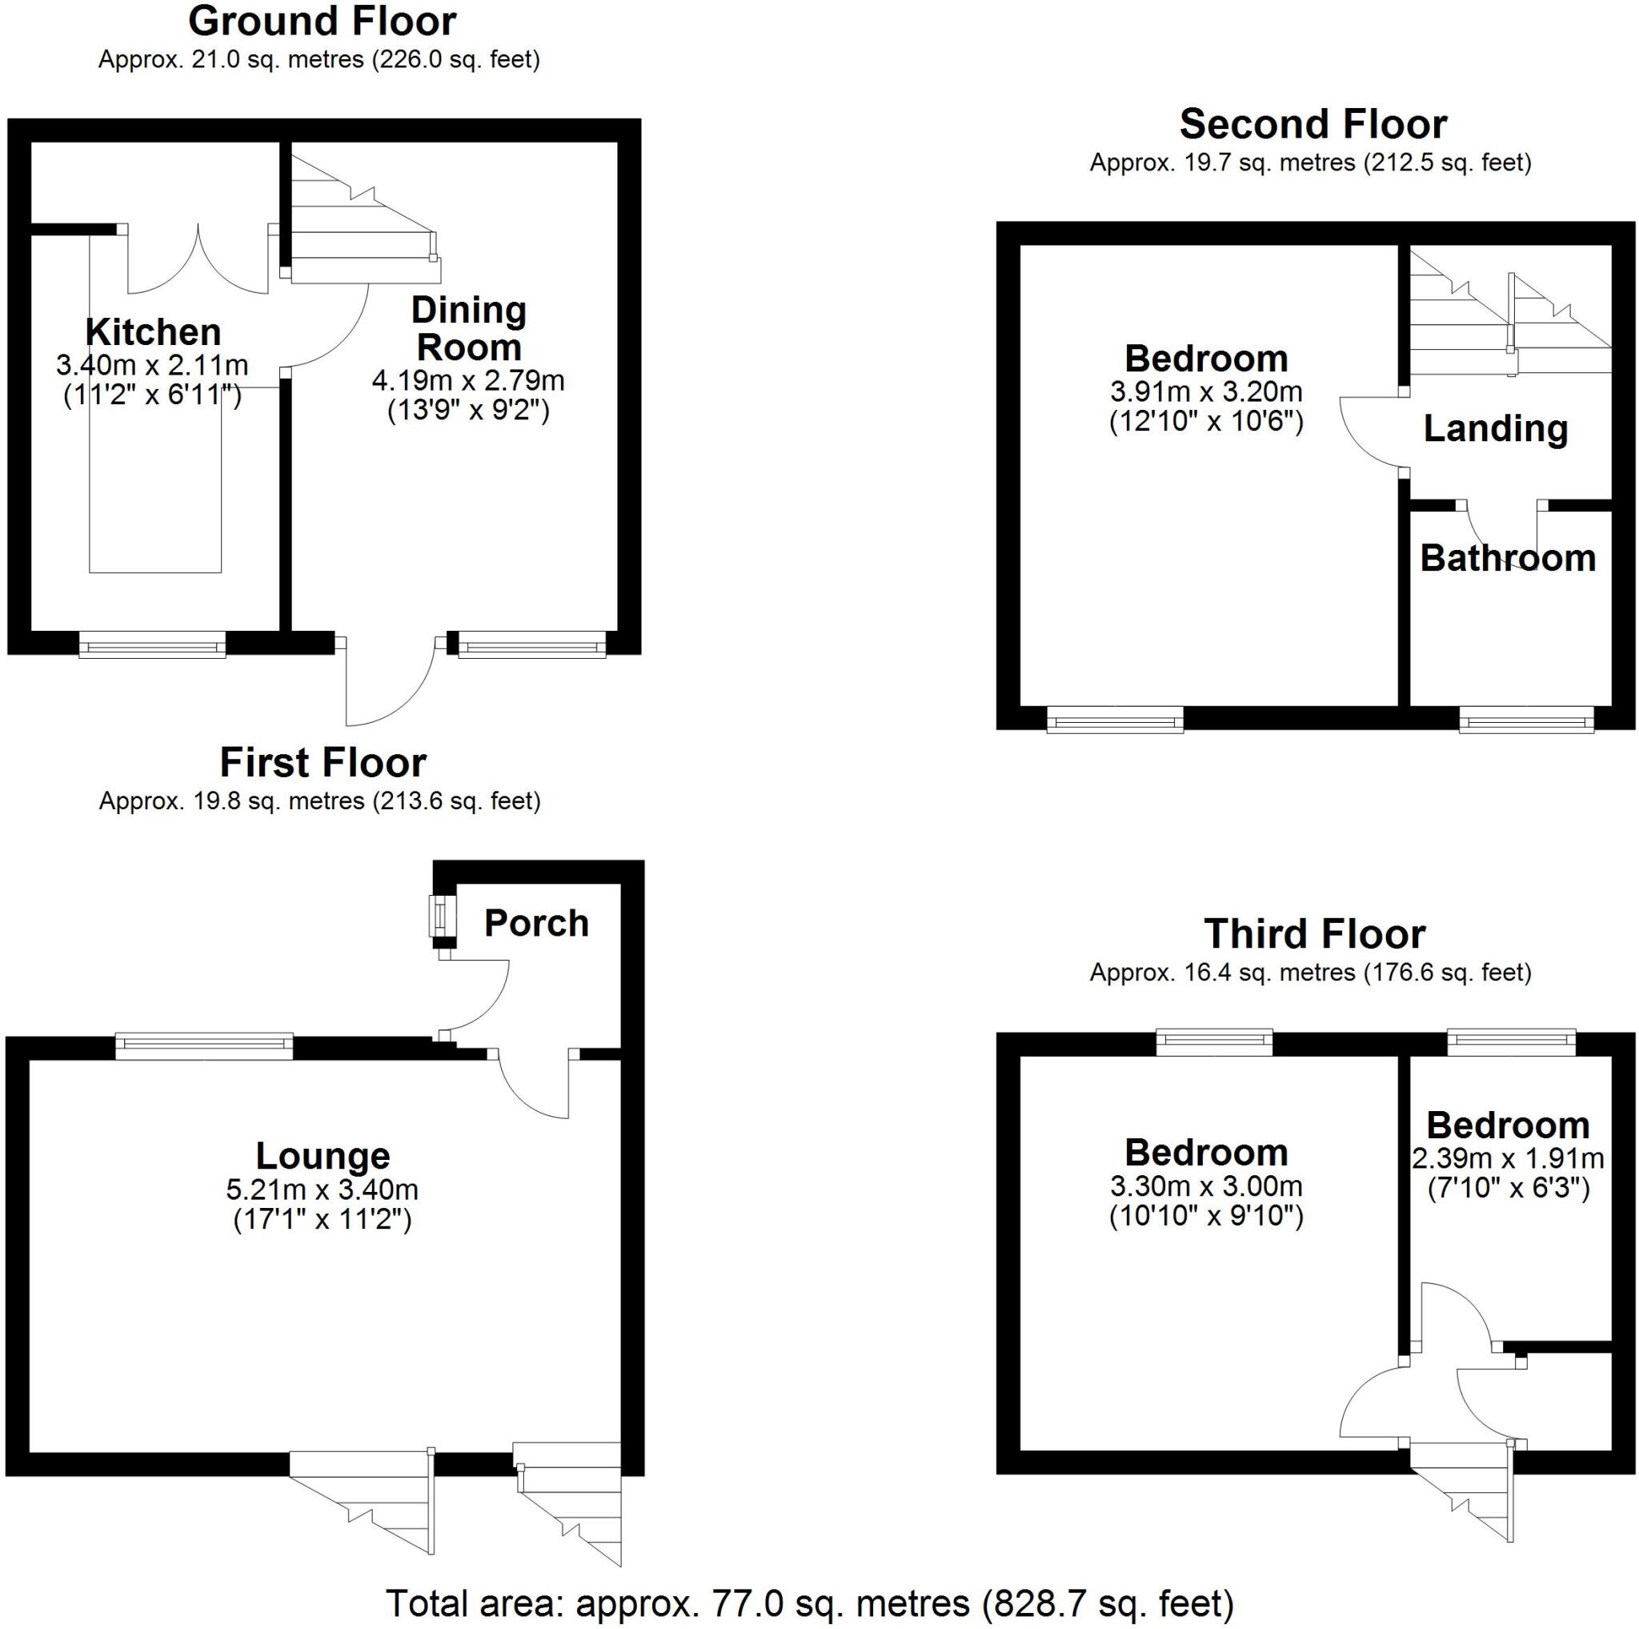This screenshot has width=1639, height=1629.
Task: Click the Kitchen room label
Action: click(153, 331)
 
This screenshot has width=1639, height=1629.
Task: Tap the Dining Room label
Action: click(468, 329)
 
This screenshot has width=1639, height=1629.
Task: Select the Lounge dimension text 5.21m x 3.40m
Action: click(322, 1190)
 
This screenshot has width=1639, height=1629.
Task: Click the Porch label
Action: click(536, 923)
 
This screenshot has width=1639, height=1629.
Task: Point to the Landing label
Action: click(1495, 428)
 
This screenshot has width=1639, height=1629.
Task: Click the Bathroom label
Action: click(1508, 558)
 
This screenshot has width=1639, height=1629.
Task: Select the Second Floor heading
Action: click(1312, 125)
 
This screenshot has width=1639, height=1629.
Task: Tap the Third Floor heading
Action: click(1314, 934)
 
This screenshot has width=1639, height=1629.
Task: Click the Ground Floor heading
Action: click(322, 21)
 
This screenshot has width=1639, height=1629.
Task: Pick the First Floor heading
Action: click(323, 763)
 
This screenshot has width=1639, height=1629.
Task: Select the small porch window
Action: click(441, 917)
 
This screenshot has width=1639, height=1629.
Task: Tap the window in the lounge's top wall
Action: click(203, 1046)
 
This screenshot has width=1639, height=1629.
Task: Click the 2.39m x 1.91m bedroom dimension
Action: click(1508, 1159)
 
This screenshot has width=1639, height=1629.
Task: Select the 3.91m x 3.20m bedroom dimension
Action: click(1205, 392)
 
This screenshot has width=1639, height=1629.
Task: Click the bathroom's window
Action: click(1526, 722)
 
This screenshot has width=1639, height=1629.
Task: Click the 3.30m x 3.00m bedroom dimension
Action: click(1205, 1186)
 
